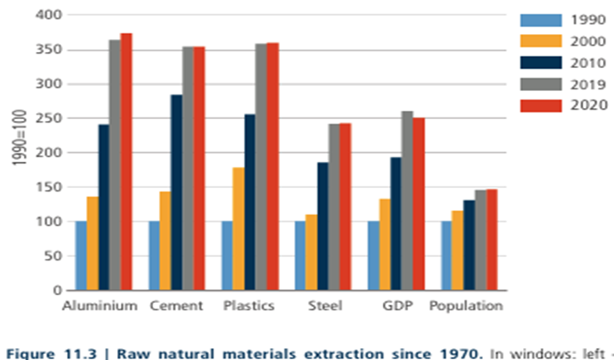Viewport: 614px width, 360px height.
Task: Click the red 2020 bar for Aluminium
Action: coord(127,162)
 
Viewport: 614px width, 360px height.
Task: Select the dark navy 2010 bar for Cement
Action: coord(176,192)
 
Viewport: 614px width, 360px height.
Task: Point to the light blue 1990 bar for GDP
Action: coord(373,255)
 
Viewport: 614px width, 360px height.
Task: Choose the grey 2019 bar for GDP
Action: coord(407,200)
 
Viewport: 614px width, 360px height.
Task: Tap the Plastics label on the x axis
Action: coord(250,306)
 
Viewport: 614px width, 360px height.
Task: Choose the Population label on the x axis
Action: coord(466,306)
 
